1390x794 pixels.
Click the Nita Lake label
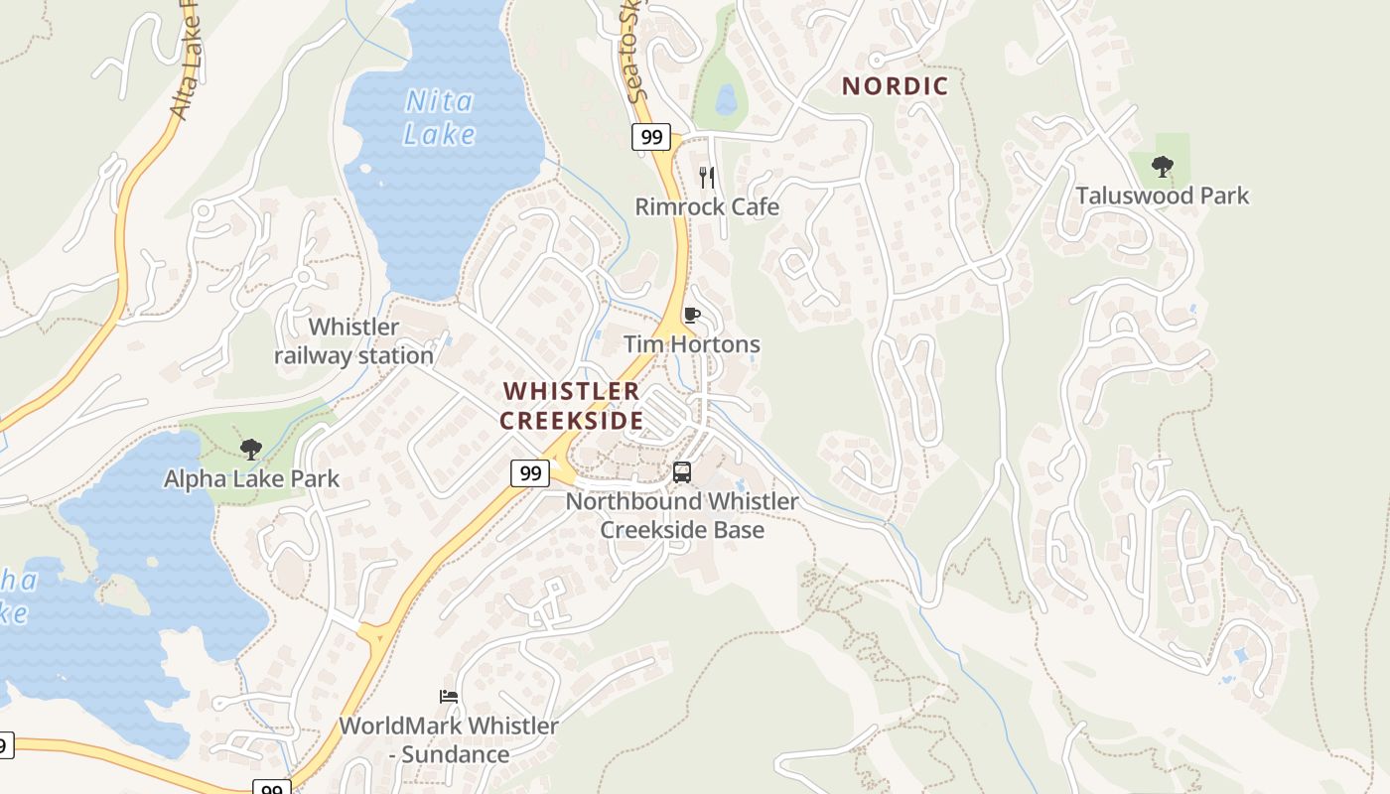[x=440, y=117]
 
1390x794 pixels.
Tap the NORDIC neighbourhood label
[x=895, y=86]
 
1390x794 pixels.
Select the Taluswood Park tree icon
[x=1162, y=167]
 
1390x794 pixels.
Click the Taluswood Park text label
[x=1162, y=196]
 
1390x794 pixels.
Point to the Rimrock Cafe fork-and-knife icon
[x=707, y=178]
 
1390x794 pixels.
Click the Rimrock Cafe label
[x=707, y=207]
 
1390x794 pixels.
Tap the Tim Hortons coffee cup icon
[x=692, y=316]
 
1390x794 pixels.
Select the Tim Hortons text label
[x=692, y=344]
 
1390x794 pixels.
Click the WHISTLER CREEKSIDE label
[x=571, y=406]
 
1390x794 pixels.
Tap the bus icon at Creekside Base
[x=682, y=472]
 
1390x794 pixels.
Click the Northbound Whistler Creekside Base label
[x=682, y=515]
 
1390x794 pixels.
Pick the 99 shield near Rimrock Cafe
[x=651, y=137]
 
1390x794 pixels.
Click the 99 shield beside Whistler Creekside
[x=530, y=473]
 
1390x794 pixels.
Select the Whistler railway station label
[x=353, y=340]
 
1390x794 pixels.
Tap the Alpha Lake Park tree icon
[x=251, y=450]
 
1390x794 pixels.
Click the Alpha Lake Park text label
[x=251, y=478]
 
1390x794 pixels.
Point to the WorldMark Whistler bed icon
[x=449, y=697]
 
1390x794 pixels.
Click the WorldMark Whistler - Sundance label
[x=449, y=739]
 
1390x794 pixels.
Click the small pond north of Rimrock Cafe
[x=726, y=98]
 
